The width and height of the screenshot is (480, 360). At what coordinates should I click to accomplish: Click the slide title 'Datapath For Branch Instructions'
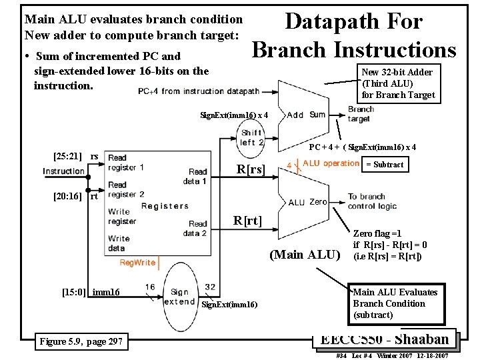pyautogui.click(x=354, y=35)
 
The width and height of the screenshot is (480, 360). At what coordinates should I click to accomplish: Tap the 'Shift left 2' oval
pyautogui.click(x=251, y=138)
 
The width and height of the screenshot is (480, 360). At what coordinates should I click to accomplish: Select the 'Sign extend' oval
pyautogui.click(x=179, y=297)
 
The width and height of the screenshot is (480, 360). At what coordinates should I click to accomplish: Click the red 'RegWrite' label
pyautogui.click(x=137, y=263)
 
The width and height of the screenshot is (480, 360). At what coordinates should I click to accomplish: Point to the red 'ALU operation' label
pyautogui.click(x=331, y=163)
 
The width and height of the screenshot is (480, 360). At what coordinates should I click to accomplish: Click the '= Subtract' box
pyautogui.click(x=385, y=165)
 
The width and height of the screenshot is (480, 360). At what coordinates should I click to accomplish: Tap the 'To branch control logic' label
pyautogui.click(x=372, y=201)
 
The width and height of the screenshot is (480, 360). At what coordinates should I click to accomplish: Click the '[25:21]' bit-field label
pyautogui.click(x=67, y=157)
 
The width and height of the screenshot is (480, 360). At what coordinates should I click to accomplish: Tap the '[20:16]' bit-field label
pyautogui.click(x=67, y=196)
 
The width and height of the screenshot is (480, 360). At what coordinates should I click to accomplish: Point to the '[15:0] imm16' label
pyautogui.click(x=91, y=292)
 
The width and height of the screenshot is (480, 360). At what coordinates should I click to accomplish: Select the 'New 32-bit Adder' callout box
pyautogui.click(x=397, y=83)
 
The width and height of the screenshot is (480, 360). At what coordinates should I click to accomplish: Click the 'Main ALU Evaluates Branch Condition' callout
pyautogui.click(x=395, y=303)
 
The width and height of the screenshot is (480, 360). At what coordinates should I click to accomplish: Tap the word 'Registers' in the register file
pyautogui.click(x=165, y=206)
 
